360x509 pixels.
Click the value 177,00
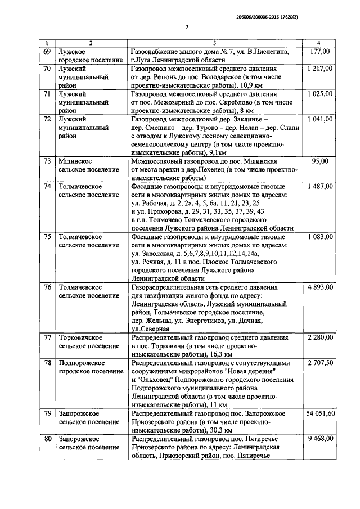[x=319, y=52]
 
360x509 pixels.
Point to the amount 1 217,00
[x=319, y=68]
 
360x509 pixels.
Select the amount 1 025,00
[x=319, y=94]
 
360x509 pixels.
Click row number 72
[x=47, y=120]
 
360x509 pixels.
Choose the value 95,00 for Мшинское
[x=319, y=161]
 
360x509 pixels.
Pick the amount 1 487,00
[x=319, y=186]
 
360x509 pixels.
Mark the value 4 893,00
[x=319, y=287]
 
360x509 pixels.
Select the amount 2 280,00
[x=319, y=337]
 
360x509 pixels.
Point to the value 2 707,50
[x=319, y=363]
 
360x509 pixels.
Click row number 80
[x=47, y=439]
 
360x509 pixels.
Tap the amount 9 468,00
[x=319, y=439]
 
